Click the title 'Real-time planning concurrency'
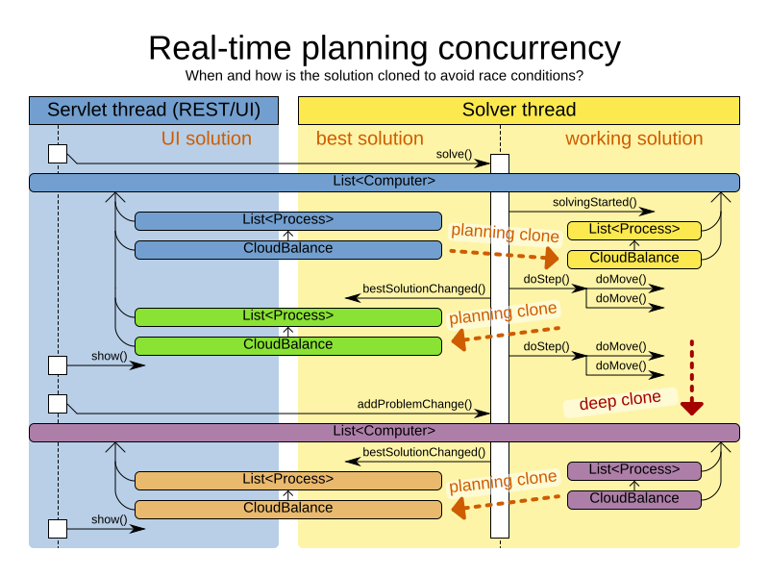pos(384,47)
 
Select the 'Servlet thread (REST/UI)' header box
pos(154,110)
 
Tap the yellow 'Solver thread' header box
pos(519,110)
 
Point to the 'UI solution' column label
pos(206,138)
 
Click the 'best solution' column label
pos(370,138)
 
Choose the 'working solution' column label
pos(633,138)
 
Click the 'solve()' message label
pos(455,154)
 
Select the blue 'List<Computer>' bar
pos(384,182)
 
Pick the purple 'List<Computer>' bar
pos(384,432)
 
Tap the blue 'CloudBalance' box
pos(288,249)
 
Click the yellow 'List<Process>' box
pos(633,230)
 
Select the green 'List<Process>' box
pos(288,316)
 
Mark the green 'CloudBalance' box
pos(288,345)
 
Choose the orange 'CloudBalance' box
pos(288,509)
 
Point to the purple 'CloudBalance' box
pos(633,499)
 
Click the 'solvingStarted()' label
pos(594,202)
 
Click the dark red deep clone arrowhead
pos(691,407)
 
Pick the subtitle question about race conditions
pos(384,76)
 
